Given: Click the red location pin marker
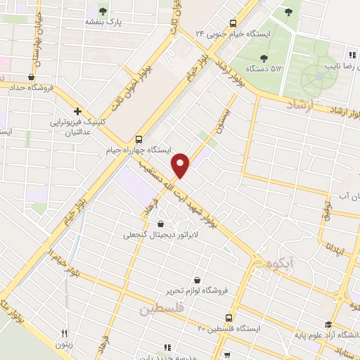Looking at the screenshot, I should pos(181,165).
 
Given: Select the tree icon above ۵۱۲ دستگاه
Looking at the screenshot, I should pos(264,58).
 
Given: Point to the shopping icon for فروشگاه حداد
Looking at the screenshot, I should pos(32,77).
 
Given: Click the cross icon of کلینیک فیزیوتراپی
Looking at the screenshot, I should pos(77,111).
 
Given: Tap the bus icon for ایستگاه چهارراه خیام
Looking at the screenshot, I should pos(139,139).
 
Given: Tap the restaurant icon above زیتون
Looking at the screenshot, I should pos(65,333).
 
